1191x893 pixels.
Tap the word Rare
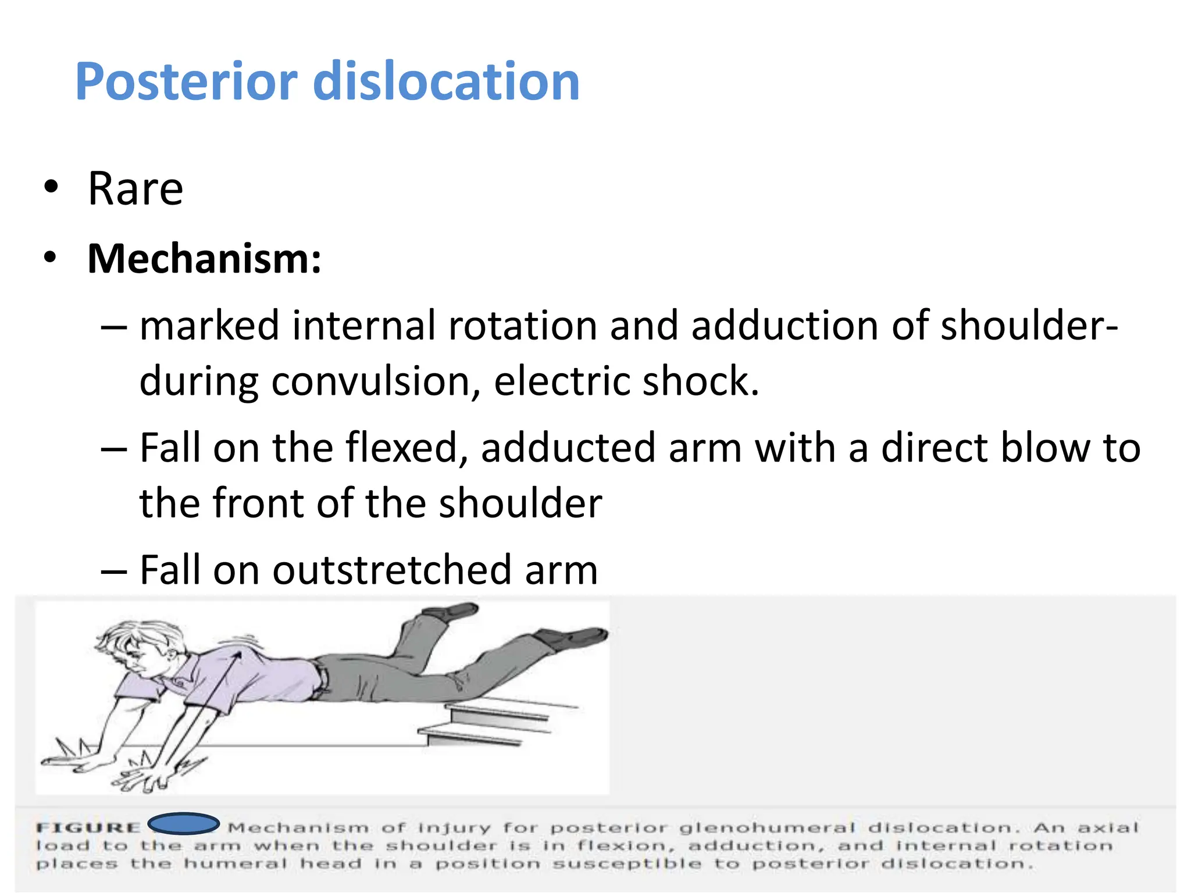[x=135, y=189]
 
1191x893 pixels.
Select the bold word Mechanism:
[x=204, y=259]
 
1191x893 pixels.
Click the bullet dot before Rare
[x=51, y=187]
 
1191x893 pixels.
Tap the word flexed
[x=406, y=448]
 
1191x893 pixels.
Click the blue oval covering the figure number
[x=184, y=824]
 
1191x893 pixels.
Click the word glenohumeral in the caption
[x=767, y=828]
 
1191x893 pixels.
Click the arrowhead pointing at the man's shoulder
[x=237, y=657]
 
